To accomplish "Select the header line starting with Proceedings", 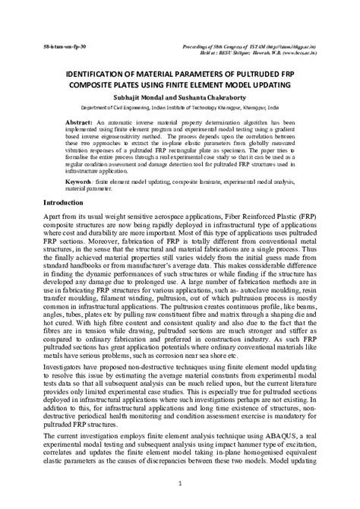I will tap(251, 46).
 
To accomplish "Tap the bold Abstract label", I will tap(79, 122).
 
